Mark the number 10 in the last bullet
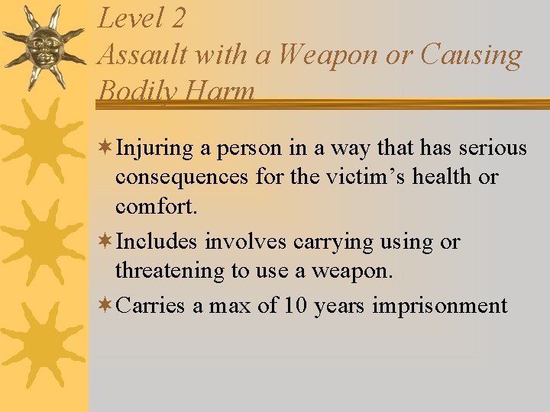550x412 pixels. point(295,307)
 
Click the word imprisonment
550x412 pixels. point(440,307)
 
